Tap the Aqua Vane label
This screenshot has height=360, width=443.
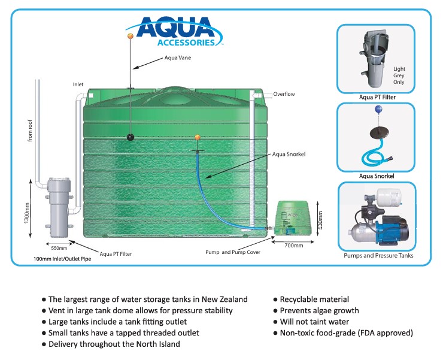pyautogui.click(x=178, y=58)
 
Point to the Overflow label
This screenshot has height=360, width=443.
pyautogui.click(x=284, y=94)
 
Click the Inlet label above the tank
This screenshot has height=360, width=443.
pyautogui.click(x=78, y=84)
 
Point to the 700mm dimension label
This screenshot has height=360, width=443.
pyautogui.click(x=293, y=246)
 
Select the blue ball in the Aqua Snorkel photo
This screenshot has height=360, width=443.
pyautogui.click(x=377, y=110)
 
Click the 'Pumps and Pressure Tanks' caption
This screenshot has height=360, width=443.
pyautogui.click(x=378, y=256)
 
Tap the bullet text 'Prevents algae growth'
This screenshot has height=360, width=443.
pyautogui.click(x=320, y=310)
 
